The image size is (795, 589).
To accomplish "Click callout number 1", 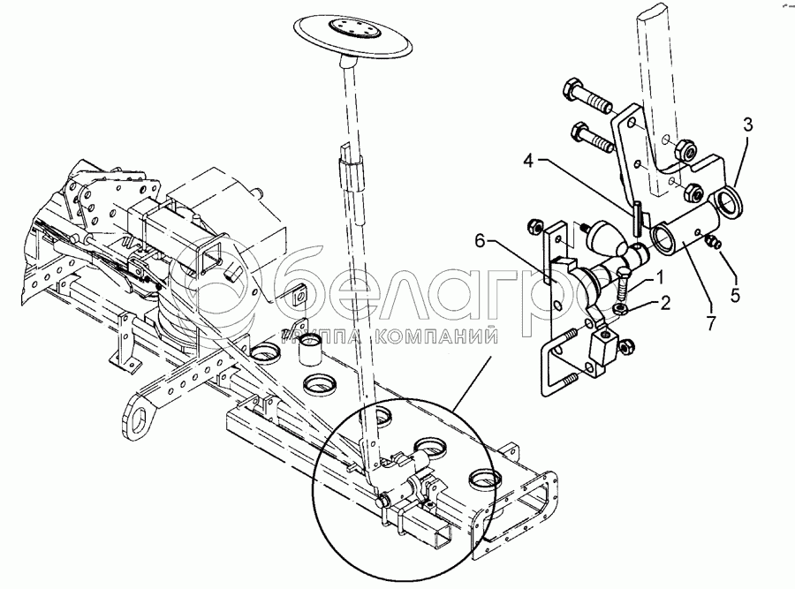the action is tap(659, 278).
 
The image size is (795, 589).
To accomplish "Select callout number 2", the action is tap(664, 303).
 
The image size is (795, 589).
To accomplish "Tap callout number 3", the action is tap(748, 125).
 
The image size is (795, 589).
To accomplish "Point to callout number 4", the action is tap(529, 163).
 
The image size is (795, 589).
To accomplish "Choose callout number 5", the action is tap(736, 295).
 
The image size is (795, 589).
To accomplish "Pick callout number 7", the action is tap(711, 323).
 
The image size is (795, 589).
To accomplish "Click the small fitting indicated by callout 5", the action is tap(713, 242).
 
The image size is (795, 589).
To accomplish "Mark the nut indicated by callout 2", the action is tap(618, 309).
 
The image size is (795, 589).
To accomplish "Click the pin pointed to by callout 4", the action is tap(637, 217).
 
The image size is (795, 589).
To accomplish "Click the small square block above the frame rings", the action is tap(299, 294).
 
